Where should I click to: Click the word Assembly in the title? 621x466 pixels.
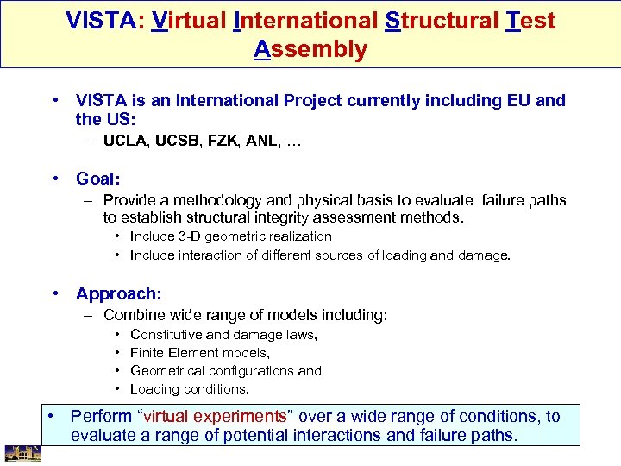point(310,49)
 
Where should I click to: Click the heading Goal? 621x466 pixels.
point(97,179)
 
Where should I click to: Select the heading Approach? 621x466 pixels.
point(118,293)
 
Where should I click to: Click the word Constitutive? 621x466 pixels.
point(166,335)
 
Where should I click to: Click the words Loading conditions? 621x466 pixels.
point(177,389)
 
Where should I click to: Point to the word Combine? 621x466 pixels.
point(132,316)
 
